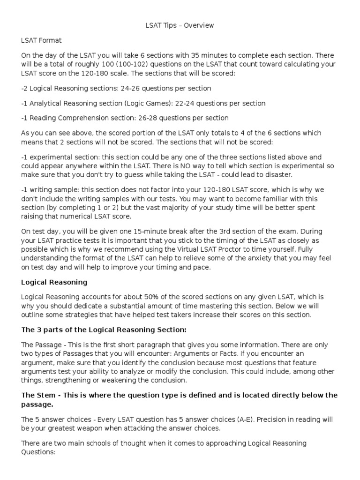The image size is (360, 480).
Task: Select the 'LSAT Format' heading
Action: click(x=41, y=41)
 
